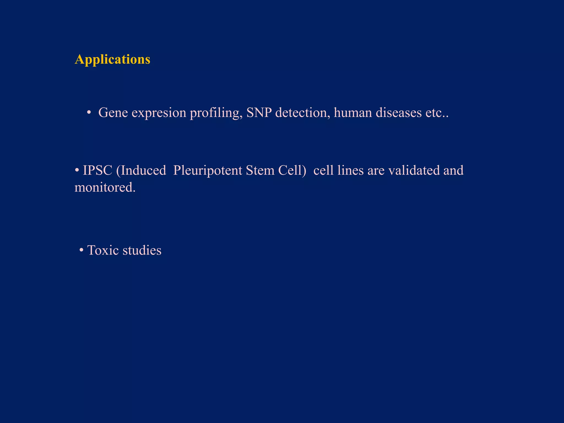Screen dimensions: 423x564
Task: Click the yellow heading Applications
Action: (112, 59)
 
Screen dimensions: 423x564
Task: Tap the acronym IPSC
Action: (97, 170)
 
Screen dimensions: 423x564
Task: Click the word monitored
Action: (105, 188)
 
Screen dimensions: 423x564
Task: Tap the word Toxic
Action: (103, 250)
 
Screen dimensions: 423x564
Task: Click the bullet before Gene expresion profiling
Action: (89, 112)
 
